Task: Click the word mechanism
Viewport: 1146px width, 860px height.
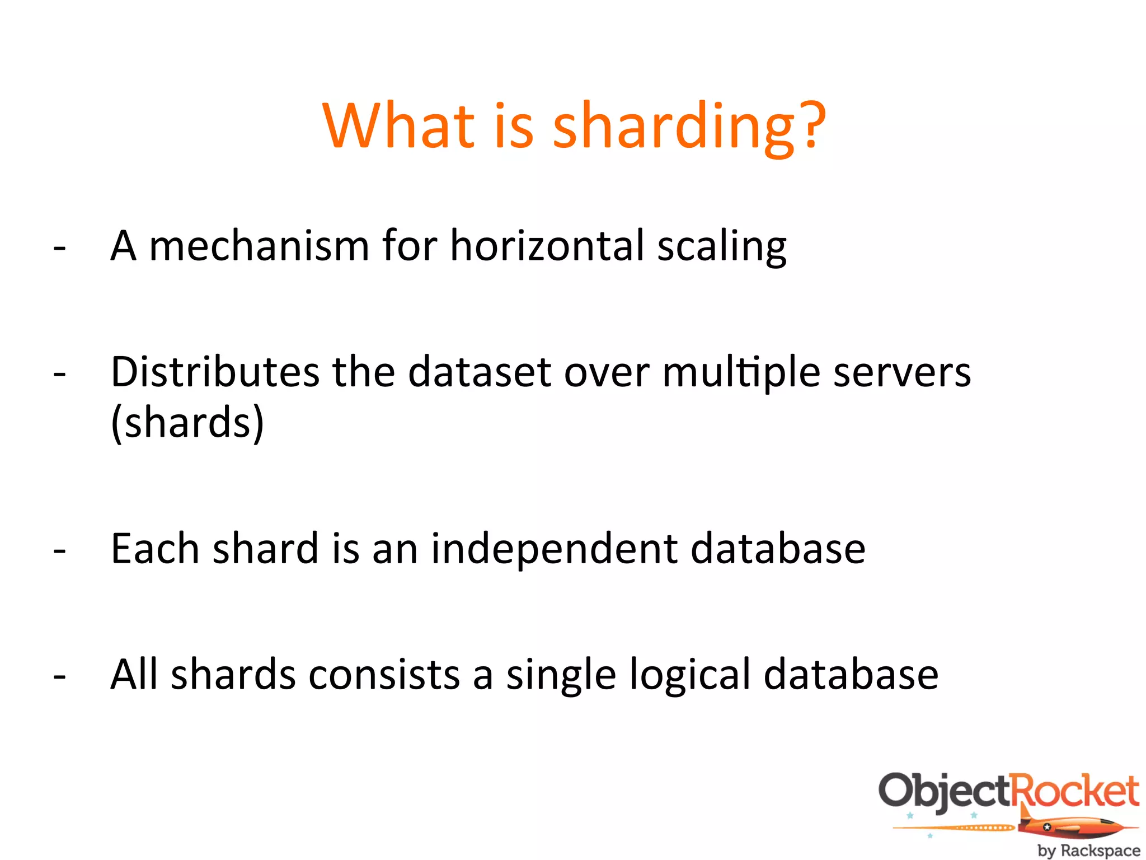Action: pos(259,246)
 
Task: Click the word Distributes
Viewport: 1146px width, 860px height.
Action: pos(215,372)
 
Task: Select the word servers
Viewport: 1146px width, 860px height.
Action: pos(902,373)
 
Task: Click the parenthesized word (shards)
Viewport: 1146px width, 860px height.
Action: pos(187,423)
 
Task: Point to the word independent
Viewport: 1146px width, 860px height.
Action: pos(554,549)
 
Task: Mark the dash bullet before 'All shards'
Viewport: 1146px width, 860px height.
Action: pos(60,676)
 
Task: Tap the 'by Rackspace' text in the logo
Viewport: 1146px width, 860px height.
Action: pos(1088,850)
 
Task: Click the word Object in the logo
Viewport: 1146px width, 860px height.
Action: pos(945,791)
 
